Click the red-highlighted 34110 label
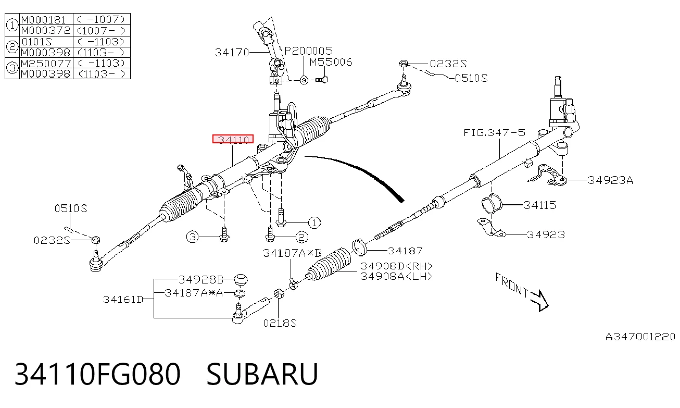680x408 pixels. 233,139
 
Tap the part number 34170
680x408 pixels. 232,53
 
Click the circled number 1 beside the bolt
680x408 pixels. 314,222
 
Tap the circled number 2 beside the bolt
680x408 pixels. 301,237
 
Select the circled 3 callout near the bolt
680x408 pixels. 192,237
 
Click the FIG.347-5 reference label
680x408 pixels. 494,132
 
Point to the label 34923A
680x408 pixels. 610,180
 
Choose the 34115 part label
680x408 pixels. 540,205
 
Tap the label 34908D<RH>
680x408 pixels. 396,266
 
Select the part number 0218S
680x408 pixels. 280,323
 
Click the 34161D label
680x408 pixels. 123,300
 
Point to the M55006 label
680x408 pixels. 331,63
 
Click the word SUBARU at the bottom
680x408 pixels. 262,374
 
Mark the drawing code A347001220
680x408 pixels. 640,337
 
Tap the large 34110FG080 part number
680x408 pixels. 97,374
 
